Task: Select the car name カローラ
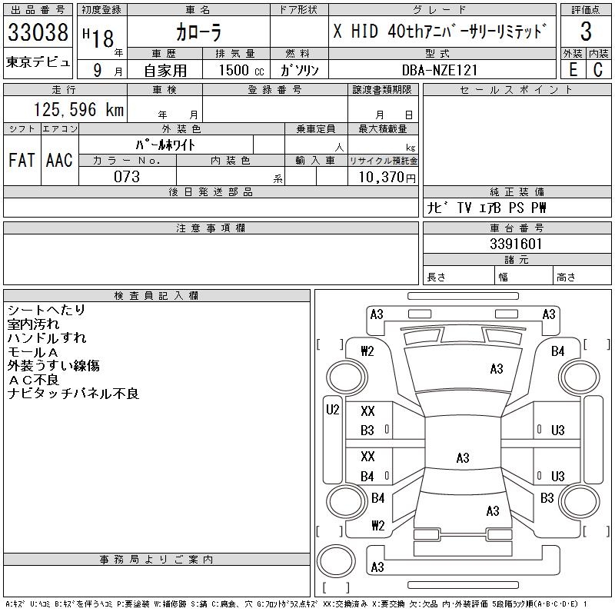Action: point(198,33)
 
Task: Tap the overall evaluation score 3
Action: point(587,32)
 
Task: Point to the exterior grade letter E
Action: point(573,69)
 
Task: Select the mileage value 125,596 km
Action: point(77,110)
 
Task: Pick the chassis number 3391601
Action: point(517,244)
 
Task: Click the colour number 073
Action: point(127,177)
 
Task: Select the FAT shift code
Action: point(22,160)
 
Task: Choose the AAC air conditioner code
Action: point(59,160)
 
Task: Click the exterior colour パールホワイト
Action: point(165,145)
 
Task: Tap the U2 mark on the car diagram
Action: point(332,410)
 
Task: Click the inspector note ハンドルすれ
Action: point(47,338)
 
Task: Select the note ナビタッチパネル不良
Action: point(72,394)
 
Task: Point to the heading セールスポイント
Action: point(516,90)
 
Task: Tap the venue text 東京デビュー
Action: point(38,61)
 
